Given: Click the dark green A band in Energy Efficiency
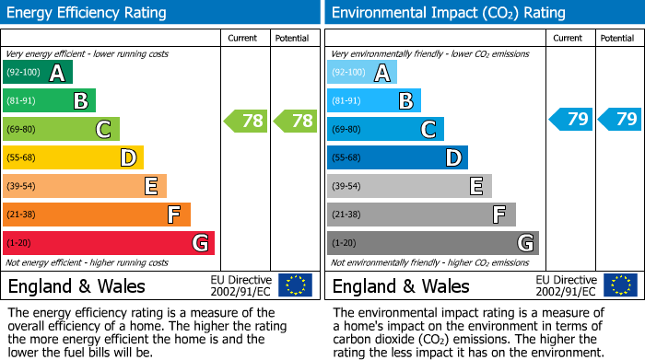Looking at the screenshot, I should click(x=37, y=73).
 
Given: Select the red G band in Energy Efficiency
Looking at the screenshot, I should click(x=108, y=243).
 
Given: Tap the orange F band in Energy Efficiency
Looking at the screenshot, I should click(x=96, y=215).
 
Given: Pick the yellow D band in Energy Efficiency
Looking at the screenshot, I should click(x=73, y=157).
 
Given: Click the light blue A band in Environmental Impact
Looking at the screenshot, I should click(x=361, y=73).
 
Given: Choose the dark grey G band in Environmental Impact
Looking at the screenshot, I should click(x=432, y=243).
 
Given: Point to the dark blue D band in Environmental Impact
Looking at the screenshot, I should click(x=397, y=157).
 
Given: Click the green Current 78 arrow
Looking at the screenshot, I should click(x=246, y=120).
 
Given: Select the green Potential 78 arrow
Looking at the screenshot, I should click(x=295, y=120).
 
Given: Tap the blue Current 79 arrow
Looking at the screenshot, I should click(x=570, y=119).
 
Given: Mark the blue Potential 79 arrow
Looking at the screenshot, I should click(x=619, y=119).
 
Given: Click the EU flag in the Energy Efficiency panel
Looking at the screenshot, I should click(x=295, y=285).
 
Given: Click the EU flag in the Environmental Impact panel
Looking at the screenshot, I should click(x=619, y=285).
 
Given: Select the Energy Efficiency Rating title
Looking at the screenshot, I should click(x=88, y=13).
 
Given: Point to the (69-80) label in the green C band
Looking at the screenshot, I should click(x=22, y=130).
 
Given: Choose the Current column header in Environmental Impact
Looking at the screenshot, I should click(x=569, y=38).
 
